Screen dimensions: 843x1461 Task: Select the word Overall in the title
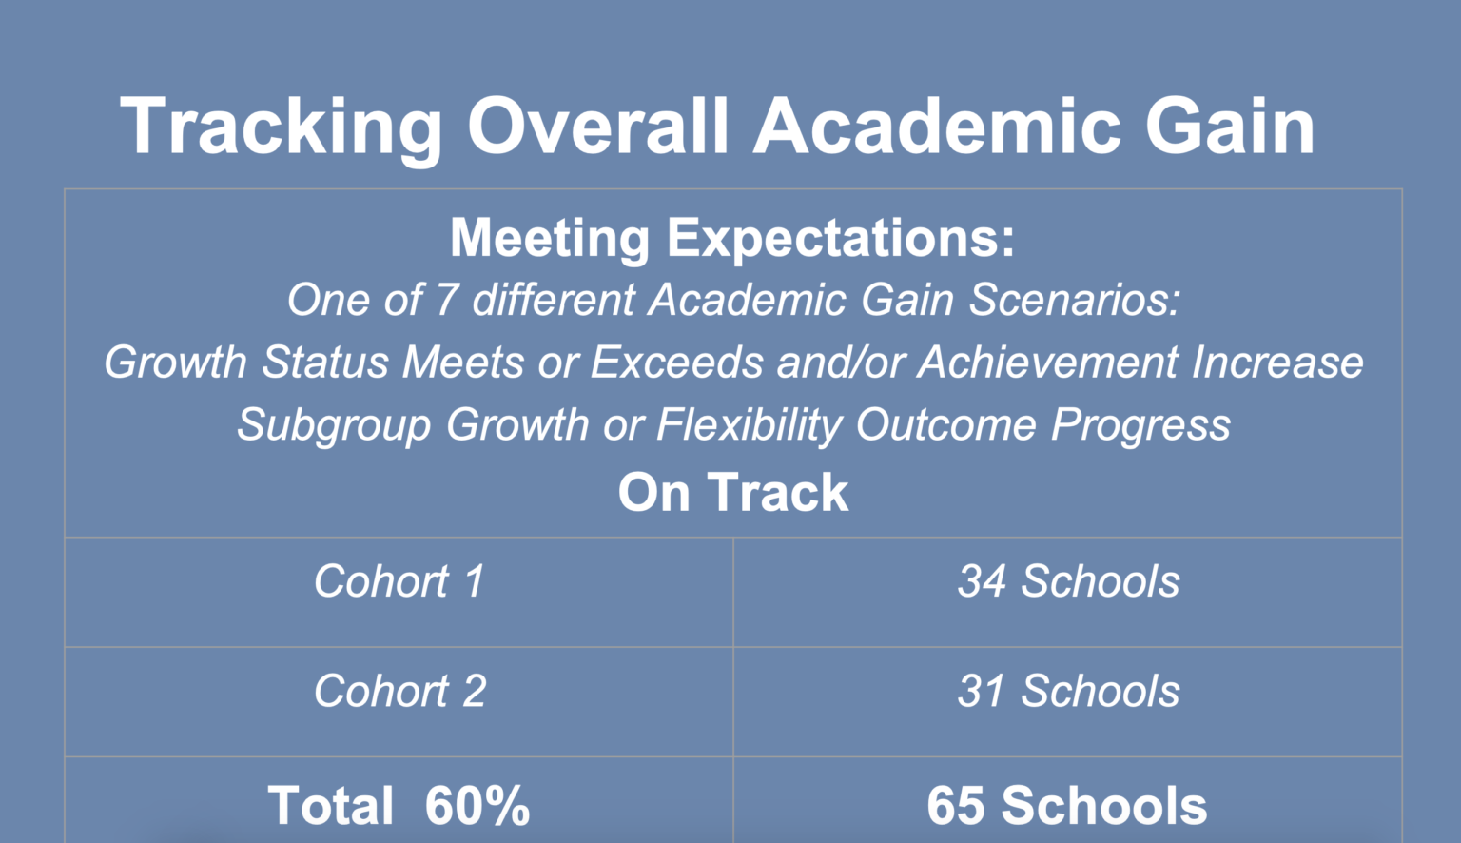click(x=598, y=127)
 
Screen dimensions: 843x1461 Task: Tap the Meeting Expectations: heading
click(x=732, y=238)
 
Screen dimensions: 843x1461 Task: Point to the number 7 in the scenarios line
click(x=446, y=301)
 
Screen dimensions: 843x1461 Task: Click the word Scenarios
click(x=1075, y=301)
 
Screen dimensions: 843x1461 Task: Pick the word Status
click(x=325, y=363)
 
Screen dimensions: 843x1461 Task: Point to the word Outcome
click(x=945, y=425)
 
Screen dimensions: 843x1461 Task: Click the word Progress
click(x=1140, y=425)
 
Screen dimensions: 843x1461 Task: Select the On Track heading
click(x=732, y=493)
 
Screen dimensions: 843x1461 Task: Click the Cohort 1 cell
click(x=399, y=581)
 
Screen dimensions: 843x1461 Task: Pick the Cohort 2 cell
click(x=399, y=691)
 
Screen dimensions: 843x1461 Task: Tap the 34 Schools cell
click(x=1067, y=581)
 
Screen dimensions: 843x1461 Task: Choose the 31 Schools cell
click(x=1067, y=691)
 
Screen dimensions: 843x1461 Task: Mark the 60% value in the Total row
click(x=477, y=806)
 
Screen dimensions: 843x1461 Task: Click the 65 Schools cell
click(x=1066, y=806)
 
